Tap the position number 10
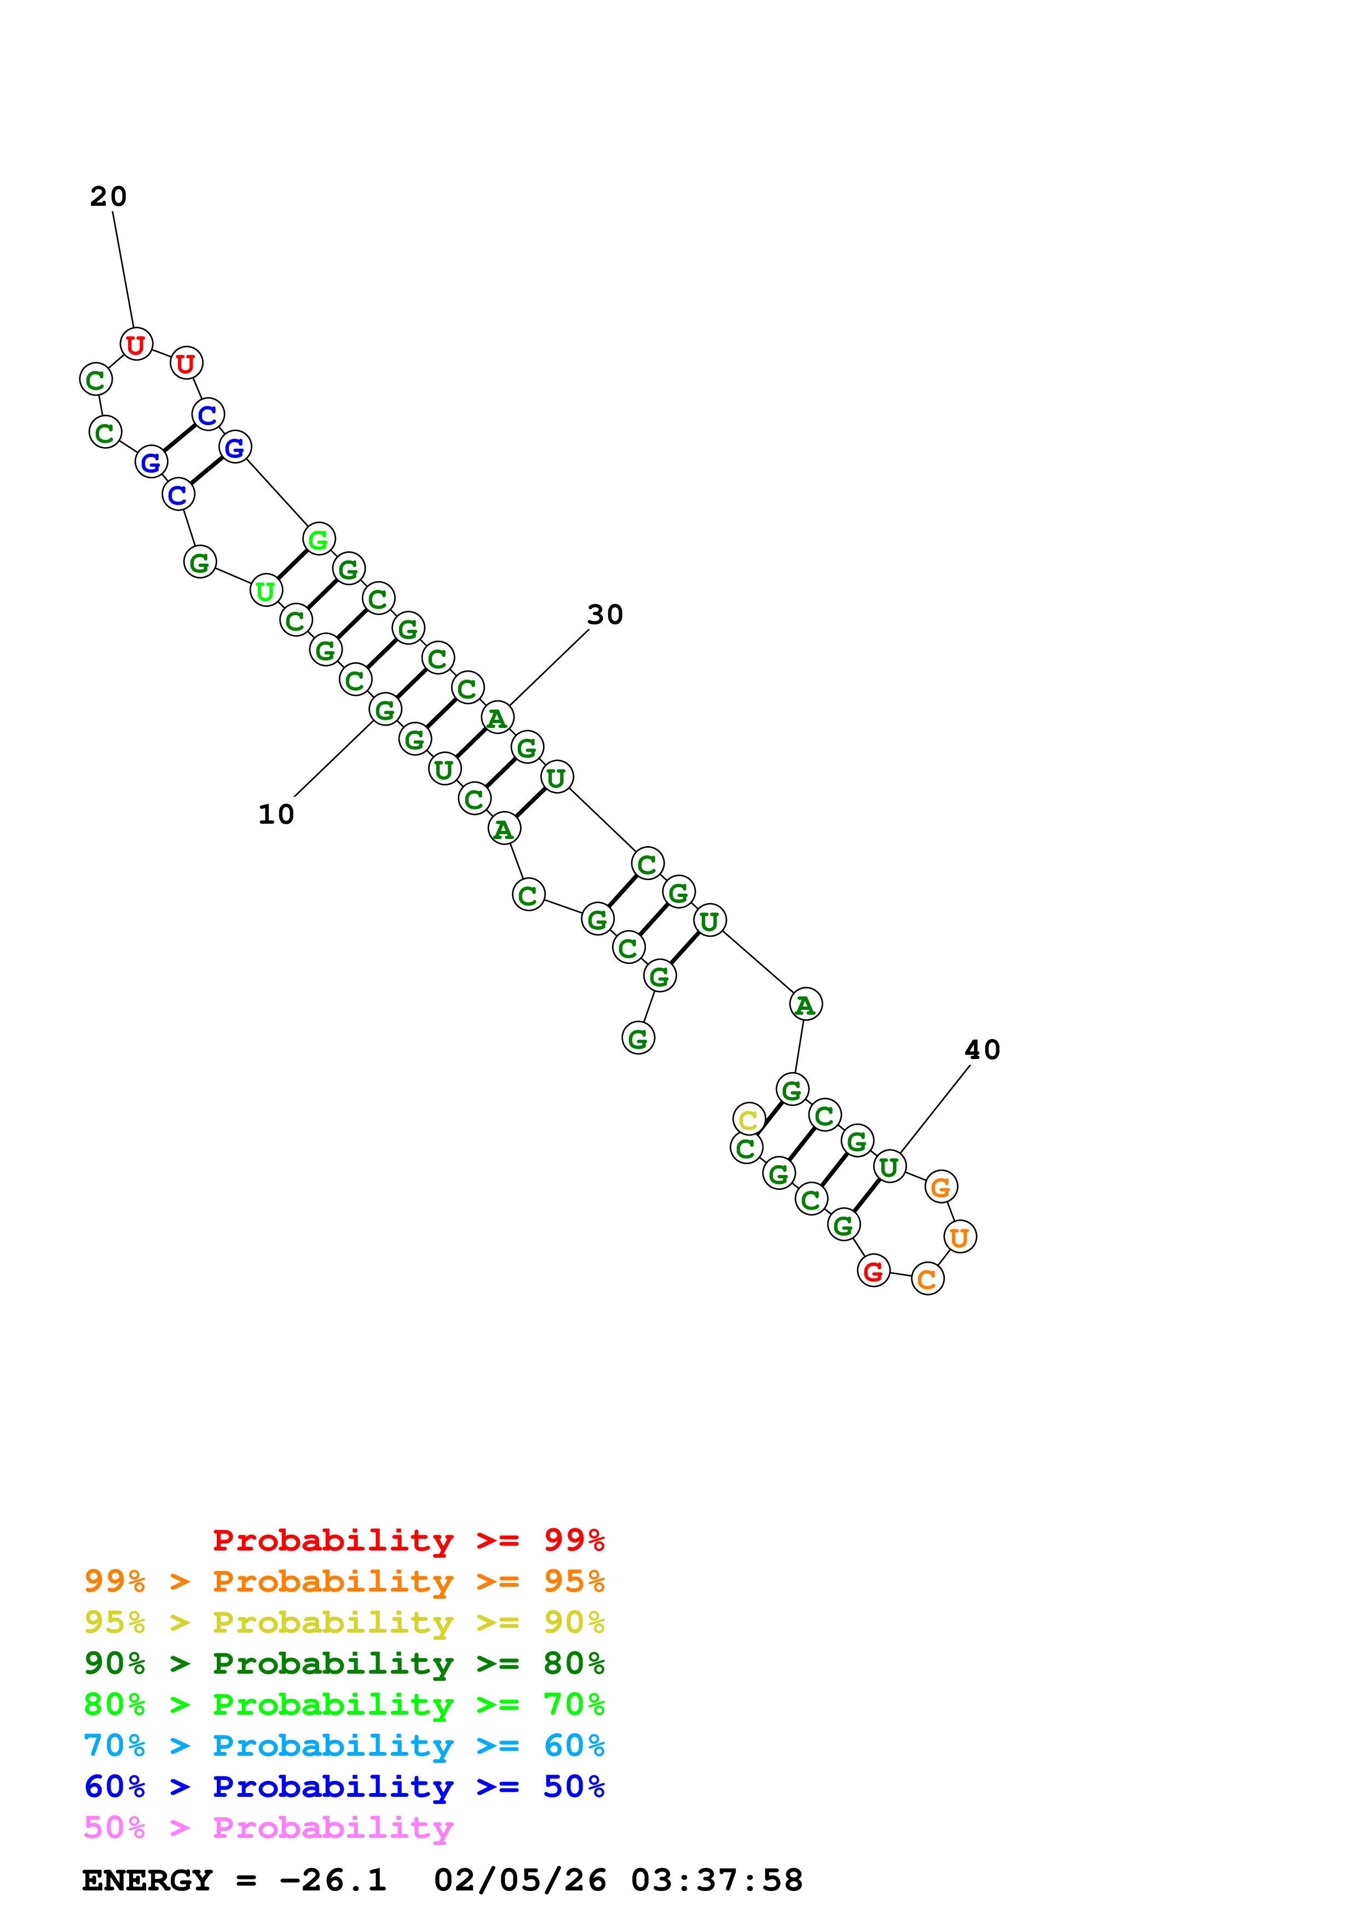[x=276, y=814]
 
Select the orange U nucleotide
[x=960, y=1237]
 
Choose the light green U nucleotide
[x=266, y=591]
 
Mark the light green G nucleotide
[x=319, y=539]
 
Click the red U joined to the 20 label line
[x=135, y=344]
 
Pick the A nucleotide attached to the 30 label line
[x=498, y=718]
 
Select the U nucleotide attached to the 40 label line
[x=889, y=1166]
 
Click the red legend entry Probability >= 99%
[x=408, y=1540]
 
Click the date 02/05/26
[x=519, y=1881]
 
